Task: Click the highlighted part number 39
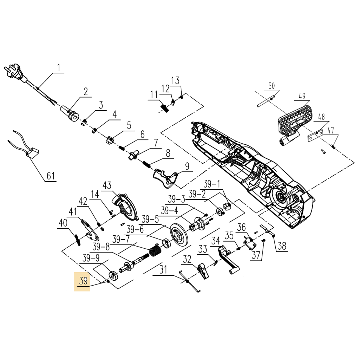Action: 83,281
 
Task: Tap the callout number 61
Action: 51,176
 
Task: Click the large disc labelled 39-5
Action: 179,233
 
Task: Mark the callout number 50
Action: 271,86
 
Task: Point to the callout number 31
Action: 163,270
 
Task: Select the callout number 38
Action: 282,246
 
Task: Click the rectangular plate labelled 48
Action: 316,135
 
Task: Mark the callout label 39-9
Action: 91,259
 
